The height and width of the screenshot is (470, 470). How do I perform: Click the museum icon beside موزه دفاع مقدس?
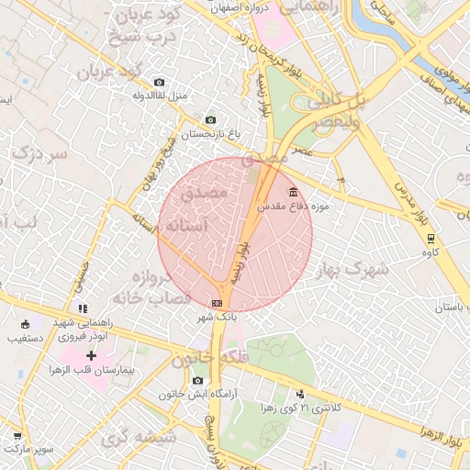293,192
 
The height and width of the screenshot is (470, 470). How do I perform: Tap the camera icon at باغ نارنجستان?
210,120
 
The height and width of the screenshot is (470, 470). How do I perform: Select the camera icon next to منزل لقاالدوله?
160,82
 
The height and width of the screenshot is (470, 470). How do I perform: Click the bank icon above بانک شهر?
218,303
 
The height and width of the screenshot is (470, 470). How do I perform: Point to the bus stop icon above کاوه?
430,237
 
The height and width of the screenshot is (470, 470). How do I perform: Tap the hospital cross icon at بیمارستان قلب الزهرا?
91,354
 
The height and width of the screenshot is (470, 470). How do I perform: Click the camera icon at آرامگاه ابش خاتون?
197,380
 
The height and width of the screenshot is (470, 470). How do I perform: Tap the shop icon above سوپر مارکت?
17,435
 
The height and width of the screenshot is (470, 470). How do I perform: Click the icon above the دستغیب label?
25,323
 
